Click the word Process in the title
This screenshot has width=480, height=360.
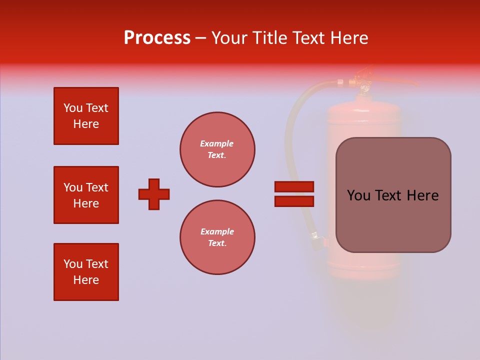(157, 38)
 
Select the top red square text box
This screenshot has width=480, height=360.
(86, 116)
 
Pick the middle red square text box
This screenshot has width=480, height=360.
(86, 195)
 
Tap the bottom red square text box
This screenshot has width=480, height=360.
(86, 272)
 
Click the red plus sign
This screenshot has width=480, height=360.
(154, 194)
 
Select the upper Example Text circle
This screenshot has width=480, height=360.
(217, 149)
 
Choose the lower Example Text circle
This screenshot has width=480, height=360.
(217, 237)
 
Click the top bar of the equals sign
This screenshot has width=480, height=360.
(294, 186)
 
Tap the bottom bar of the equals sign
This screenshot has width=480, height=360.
(294, 201)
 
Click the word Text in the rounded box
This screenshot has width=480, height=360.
(389, 195)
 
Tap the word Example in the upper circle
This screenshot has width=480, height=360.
(217, 143)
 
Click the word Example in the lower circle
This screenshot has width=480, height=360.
(217, 231)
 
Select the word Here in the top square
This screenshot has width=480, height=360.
(86, 124)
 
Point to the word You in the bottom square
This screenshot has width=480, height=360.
(72, 264)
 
